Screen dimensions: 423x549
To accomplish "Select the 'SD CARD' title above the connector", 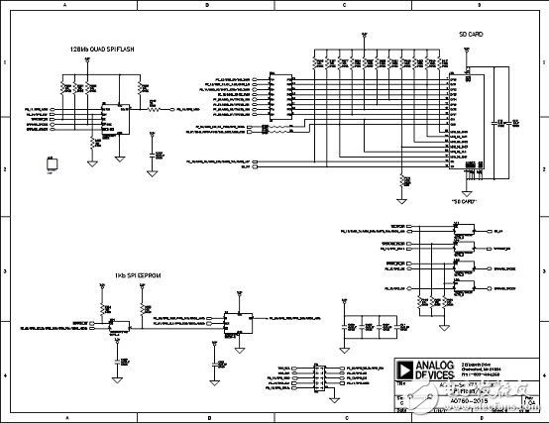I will point(471,35).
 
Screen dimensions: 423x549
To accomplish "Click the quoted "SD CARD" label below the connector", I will point(465,201).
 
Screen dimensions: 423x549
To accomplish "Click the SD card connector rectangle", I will point(459,123).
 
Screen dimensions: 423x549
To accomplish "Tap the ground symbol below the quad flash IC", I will point(120,156).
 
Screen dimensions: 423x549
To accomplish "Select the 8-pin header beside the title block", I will point(319,377).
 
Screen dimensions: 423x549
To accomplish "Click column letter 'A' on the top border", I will point(65,5).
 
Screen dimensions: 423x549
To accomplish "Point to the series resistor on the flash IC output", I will point(153,109).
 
